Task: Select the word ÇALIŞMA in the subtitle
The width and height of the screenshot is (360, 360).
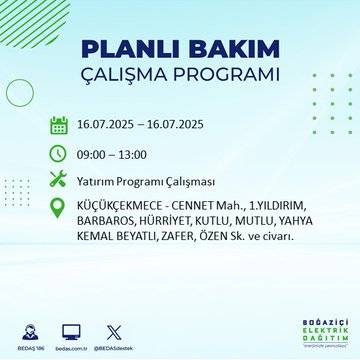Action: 130,76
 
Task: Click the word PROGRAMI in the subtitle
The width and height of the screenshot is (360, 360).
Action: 226,76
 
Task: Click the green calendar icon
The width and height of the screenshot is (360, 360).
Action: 59,125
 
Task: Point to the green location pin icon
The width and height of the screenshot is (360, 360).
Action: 59,209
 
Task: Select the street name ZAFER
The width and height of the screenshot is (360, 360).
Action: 213,241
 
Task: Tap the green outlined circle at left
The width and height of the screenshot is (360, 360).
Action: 20,91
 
